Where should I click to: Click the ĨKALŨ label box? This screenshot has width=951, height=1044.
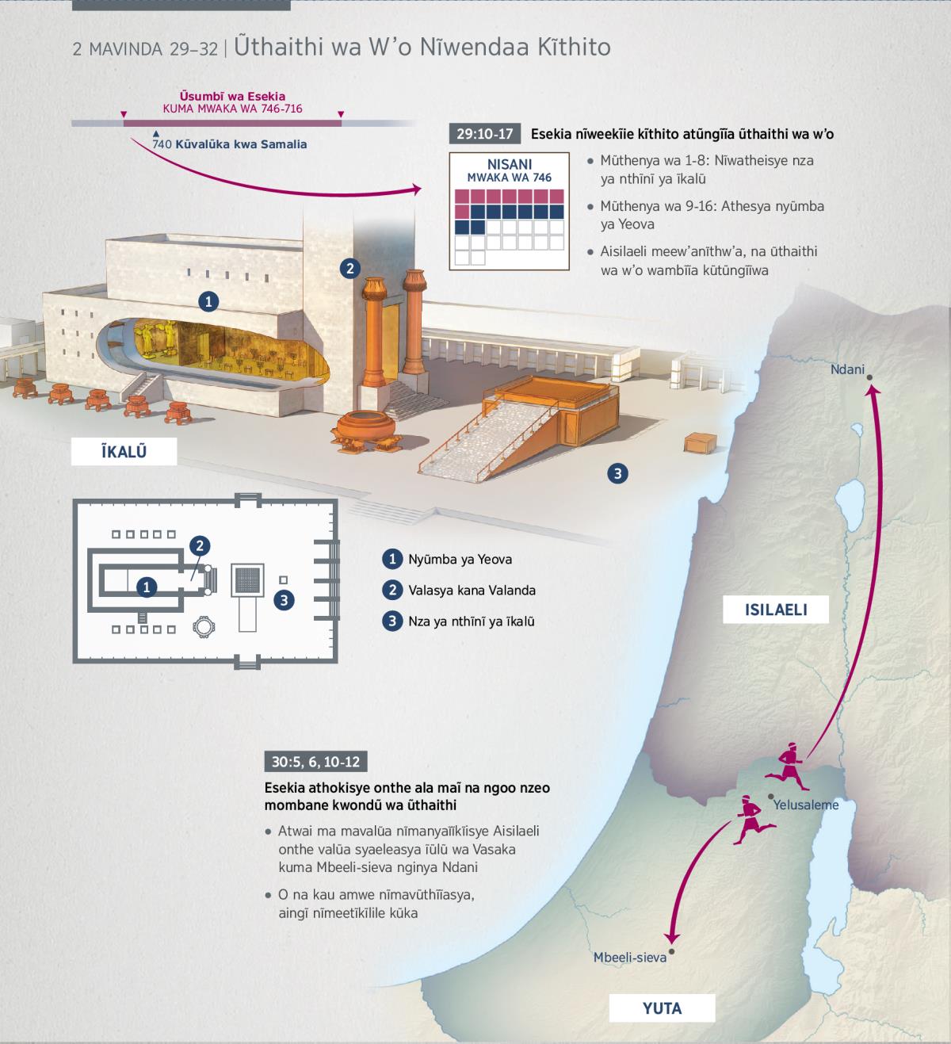pyautogui.click(x=124, y=451)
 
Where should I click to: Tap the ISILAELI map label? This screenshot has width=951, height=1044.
pyautogui.click(x=776, y=610)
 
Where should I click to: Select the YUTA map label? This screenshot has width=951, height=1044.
pyautogui.click(x=662, y=1008)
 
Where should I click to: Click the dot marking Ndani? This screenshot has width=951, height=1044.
pyautogui.click(x=869, y=377)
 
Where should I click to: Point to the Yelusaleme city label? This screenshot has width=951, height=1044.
pyautogui.click(x=806, y=805)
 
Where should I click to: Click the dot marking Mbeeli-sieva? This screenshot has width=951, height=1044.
pyautogui.click(x=671, y=952)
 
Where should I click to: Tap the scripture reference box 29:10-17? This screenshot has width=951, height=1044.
pyautogui.click(x=484, y=134)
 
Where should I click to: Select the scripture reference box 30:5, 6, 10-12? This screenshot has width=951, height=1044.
pyautogui.click(x=315, y=762)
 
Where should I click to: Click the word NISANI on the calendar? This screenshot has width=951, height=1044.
pyautogui.click(x=509, y=164)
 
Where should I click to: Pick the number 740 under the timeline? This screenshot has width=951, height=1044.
pyautogui.click(x=162, y=144)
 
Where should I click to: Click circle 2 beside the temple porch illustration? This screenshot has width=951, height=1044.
pyautogui.click(x=349, y=269)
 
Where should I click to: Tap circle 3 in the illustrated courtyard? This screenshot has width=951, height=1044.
pyautogui.click(x=617, y=473)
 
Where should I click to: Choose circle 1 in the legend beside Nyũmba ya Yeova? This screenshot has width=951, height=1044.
pyautogui.click(x=392, y=559)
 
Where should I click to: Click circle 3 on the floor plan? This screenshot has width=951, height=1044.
pyautogui.click(x=284, y=600)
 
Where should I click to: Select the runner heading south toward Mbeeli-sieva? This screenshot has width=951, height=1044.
pyautogui.click(x=754, y=820)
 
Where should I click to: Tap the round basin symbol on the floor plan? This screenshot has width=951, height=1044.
pyautogui.click(x=204, y=626)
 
